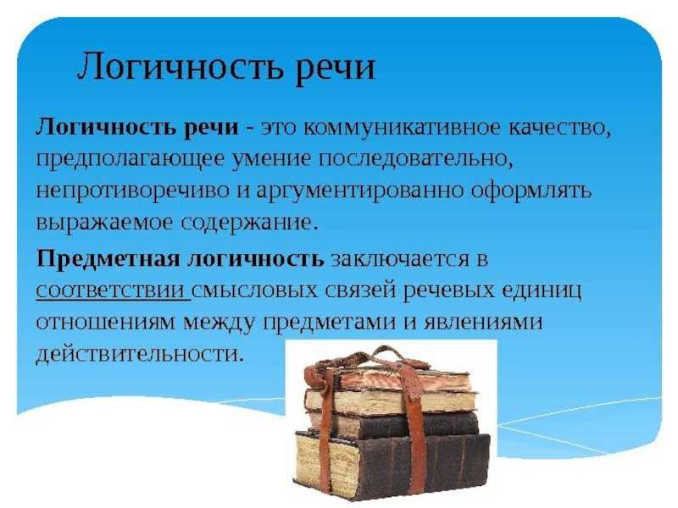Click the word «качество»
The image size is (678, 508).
(559, 129)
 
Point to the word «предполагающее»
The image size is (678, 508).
(131, 160)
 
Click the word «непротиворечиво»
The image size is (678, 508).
(132, 191)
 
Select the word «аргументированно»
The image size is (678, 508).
(359, 191)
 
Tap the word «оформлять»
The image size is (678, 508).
(531, 191)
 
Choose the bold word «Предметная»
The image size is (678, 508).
(108, 259)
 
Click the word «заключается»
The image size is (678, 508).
(397, 259)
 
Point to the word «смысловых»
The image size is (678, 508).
(254, 290)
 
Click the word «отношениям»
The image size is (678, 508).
(105, 323)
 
